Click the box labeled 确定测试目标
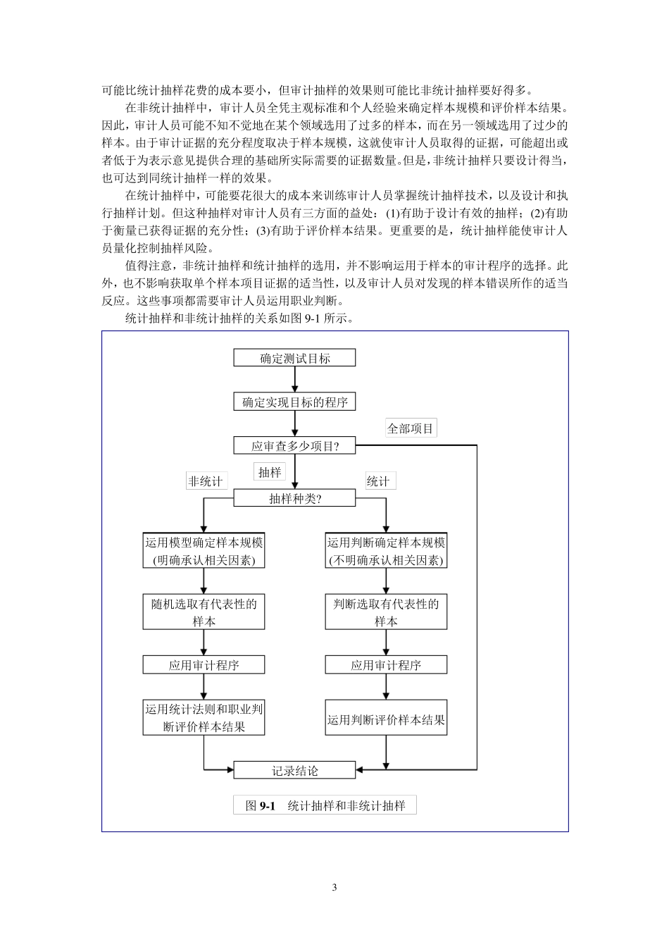coord(294,358)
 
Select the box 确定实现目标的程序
coord(294,402)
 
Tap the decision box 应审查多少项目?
coord(294,446)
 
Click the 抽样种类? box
coord(294,498)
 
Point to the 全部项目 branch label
coord(411,428)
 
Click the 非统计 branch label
coord(206,481)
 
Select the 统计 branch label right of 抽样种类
coord(379,481)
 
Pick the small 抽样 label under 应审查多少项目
coord(270,472)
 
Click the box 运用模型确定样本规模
coord(204,551)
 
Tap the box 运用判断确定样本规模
coord(386,551)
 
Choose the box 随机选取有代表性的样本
coord(204,612)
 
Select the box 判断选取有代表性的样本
coord(386,612)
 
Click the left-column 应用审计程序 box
coord(204,665)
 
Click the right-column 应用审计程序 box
coord(386,665)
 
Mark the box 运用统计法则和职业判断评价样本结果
coord(204,717)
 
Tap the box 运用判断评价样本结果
coord(386,719)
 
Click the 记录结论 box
coord(294,771)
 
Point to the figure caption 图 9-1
coord(325,805)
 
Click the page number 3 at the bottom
coord(334,887)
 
